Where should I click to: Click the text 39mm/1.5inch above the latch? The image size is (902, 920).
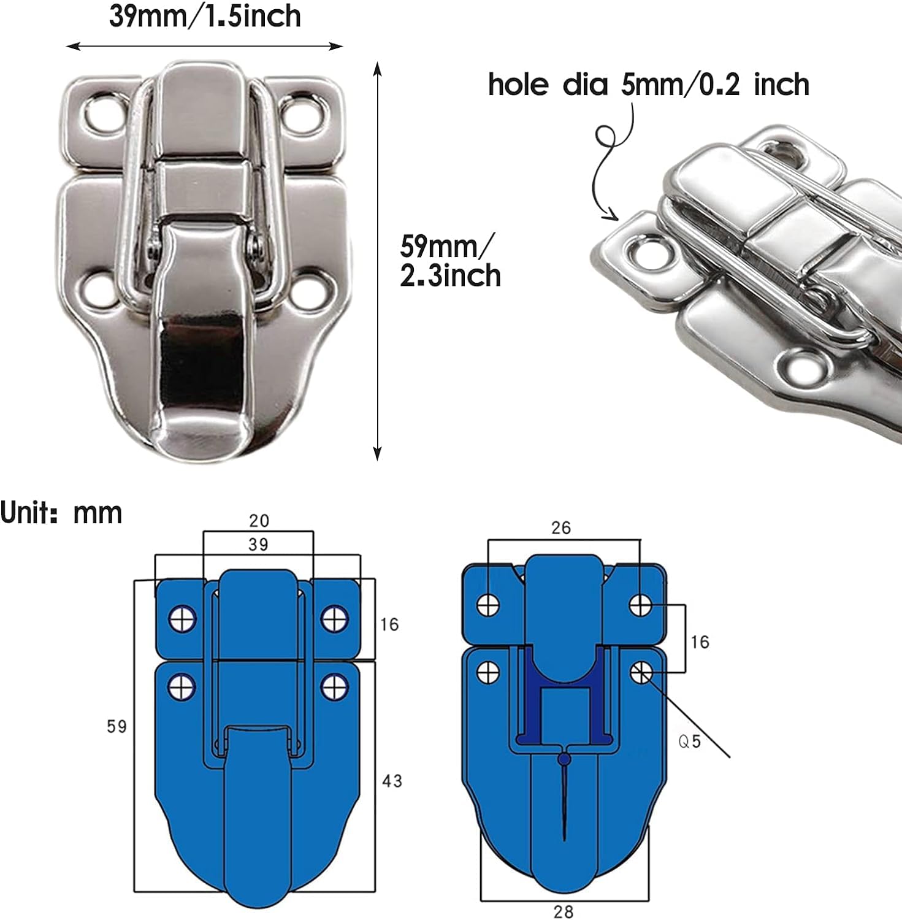tap(205, 17)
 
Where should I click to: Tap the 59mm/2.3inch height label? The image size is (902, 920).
tap(450, 261)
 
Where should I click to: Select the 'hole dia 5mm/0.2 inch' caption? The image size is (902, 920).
tap(648, 84)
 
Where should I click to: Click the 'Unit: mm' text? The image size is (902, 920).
tap(61, 513)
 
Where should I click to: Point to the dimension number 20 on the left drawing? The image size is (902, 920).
tap(259, 521)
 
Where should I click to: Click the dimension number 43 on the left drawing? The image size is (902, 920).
tap(392, 781)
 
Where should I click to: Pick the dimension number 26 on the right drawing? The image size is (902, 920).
tap(560, 527)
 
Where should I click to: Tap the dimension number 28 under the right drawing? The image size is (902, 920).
tap(563, 911)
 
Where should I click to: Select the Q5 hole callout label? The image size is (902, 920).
tap(690, 742)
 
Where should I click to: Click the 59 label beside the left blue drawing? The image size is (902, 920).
tap(117, 727)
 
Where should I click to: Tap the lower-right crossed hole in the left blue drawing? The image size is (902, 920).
tap(335, 686)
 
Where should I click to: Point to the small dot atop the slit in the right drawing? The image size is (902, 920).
tap(564, 760)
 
